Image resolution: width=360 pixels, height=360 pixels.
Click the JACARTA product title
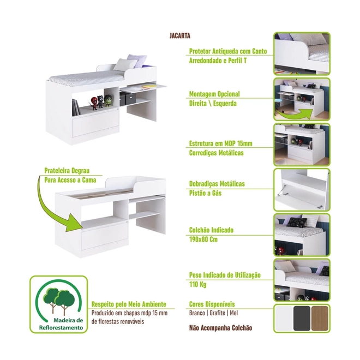tap(180, 35)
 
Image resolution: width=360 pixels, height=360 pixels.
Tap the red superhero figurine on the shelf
tap(94, 103)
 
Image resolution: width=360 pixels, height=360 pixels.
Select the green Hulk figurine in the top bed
tap(107, 100)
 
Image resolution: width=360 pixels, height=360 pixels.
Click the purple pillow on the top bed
tap(137, 61)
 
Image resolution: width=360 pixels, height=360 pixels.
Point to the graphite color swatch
tap(302, 318)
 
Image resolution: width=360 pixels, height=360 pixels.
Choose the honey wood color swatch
tap(320, 318)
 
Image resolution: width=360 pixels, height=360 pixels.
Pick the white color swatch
tap(284, 318)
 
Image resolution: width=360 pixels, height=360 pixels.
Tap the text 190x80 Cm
tap(203, 239)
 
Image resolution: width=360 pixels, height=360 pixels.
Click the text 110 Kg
tap(197, 285)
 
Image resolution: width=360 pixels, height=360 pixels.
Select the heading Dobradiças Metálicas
tap(217, 184)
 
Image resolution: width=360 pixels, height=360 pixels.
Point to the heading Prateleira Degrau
tap(67, 171)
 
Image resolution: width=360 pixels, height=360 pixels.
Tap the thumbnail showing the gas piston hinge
tap(302, 190)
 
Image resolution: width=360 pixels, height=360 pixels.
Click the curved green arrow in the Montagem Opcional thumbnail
tap(295, 113)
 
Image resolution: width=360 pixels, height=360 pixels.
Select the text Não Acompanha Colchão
tap(221, 328)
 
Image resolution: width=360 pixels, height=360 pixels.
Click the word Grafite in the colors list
tap(217, 313)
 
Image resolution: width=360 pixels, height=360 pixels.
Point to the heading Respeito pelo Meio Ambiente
tap(129, 304)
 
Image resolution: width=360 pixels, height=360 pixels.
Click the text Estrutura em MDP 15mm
tap(221, 143)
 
